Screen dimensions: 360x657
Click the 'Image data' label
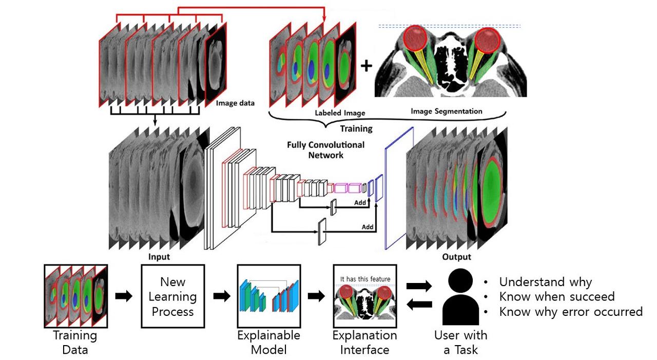click(x=235, y=103)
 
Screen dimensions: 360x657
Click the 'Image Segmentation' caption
click(x=447, y=111)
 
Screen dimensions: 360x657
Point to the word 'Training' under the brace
click(x=357, y=128)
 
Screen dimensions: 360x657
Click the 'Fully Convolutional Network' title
click(x=326, y=149)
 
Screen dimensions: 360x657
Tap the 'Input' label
click(x=159, y=256)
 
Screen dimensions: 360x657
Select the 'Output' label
click(x=456, y=256)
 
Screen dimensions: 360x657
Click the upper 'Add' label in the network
click(x=360, y=203)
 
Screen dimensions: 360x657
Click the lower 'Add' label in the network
click(x=368, y=227)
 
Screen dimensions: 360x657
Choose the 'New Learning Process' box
click(x=172, y=296)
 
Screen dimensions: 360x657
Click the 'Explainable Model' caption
click(x=268, y=343)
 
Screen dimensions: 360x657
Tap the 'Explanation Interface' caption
click(x=364, y=343)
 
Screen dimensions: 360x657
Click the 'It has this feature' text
click(x=365, y=279)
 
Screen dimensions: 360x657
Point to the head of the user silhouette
click(x=460, y=282)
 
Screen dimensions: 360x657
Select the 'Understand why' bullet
click(x=545, y=282)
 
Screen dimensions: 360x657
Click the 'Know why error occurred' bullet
click(x=570, y=312)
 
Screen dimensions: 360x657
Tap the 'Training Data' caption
click(x=75, y=343)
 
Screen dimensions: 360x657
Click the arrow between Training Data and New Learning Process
click(x=123, y=296)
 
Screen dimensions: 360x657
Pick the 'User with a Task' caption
click(x=460, y=343)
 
